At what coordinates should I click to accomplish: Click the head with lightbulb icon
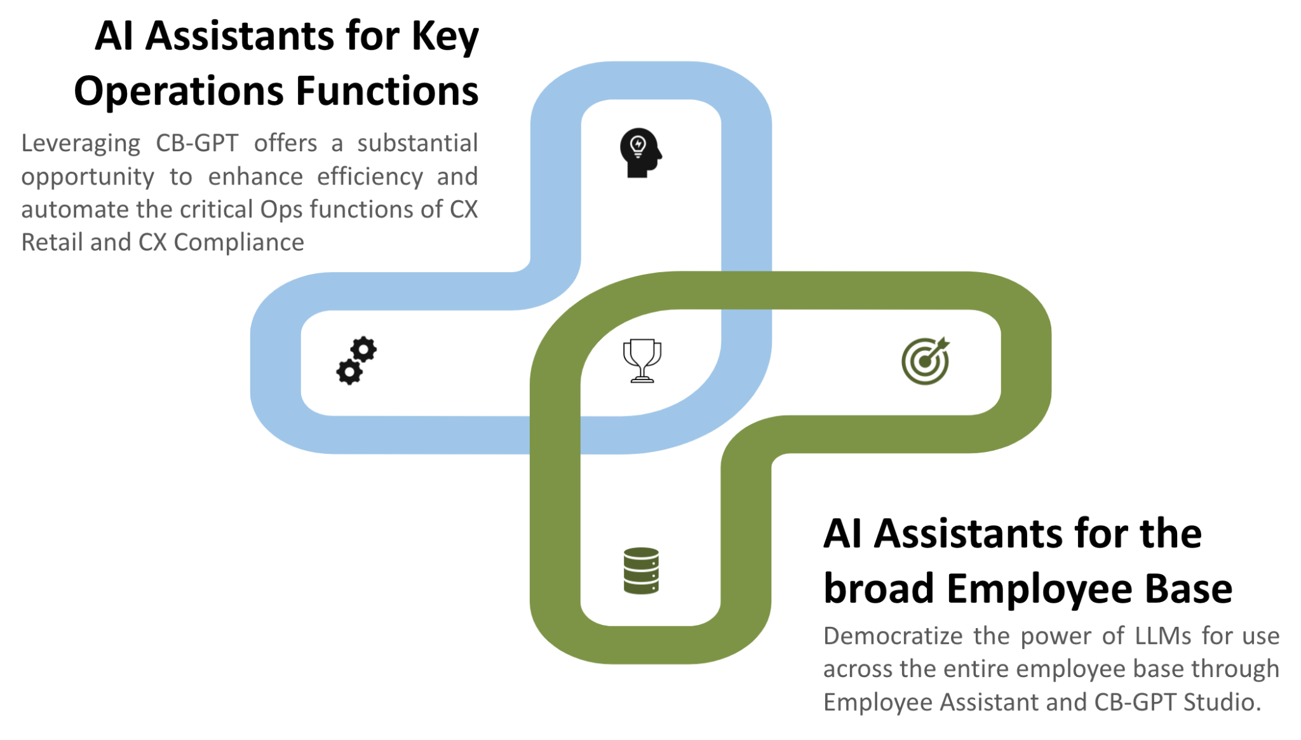[640, 153]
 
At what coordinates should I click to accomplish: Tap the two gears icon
[356, 360]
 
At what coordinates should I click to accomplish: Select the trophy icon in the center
[642, 360]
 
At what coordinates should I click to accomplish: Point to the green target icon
[926, 360]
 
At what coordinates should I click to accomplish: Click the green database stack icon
[641, 570]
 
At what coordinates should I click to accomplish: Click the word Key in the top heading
[445, 36]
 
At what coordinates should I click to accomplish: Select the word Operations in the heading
[179, 92]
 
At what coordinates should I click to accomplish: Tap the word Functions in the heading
[387, 92]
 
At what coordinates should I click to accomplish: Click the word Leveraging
[81, 144]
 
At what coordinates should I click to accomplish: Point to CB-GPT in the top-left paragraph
[197, 144]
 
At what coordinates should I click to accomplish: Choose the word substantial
[417, 144]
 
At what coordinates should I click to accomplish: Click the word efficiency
[370, 177]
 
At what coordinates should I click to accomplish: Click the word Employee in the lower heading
[1039, 589]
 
